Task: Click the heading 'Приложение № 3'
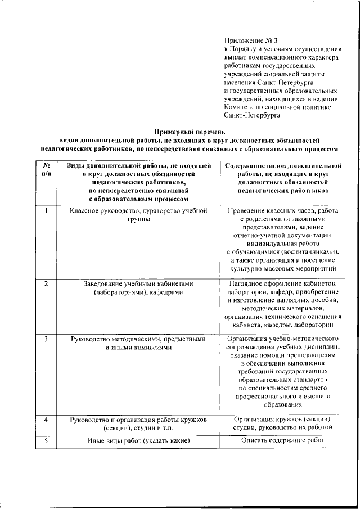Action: coord(250,41)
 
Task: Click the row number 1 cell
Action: coord(46,210)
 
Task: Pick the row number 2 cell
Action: coord(46,283)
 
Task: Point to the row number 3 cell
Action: coord(46,340)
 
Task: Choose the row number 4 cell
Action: coord(46,420)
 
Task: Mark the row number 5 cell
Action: coord(46,441)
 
